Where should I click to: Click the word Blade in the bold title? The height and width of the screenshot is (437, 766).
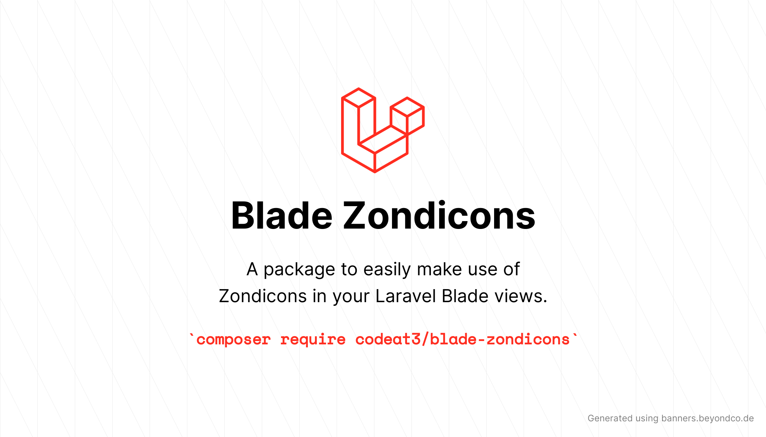[282, 216]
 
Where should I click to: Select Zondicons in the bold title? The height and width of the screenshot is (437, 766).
[439, 216]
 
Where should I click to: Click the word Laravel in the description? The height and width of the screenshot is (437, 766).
[405, 296]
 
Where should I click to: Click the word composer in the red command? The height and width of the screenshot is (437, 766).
[233, 340]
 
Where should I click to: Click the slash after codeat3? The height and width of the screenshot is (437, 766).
[425, 339]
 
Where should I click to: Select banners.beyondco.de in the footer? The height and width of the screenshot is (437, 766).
[707, 418]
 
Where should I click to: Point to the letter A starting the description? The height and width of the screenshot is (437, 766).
[252, 269]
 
